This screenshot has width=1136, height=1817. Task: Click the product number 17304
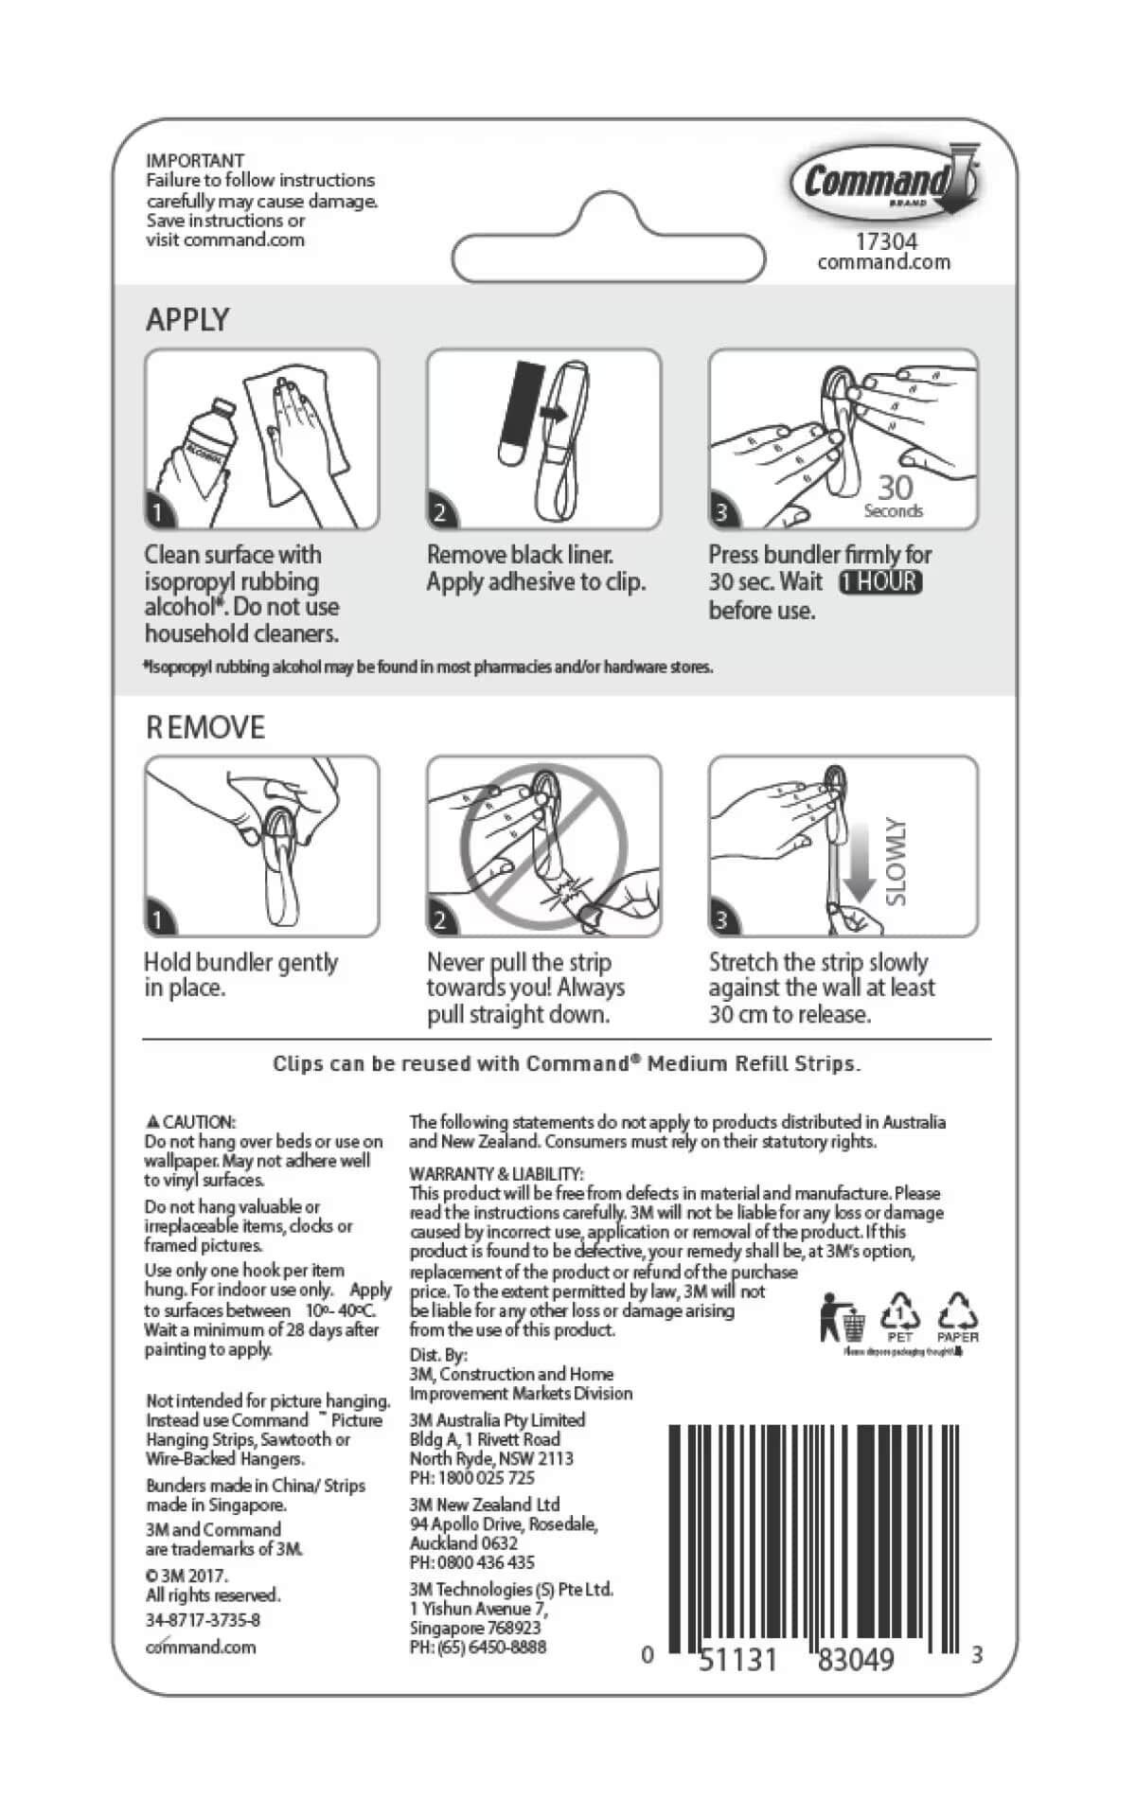pos(885,242)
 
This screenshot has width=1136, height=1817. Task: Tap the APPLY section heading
pos(187,320)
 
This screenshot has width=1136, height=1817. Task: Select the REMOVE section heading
pos(205,727)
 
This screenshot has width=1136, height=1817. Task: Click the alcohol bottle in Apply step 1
pos(203,445)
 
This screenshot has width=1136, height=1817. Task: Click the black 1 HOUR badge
pos(880,581)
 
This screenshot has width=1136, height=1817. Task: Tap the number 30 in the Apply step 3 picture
pos(895,487)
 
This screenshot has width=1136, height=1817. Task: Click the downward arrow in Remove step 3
pos(859,862)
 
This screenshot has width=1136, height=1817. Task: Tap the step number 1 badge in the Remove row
pos(158,920)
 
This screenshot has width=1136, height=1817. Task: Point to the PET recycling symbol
pos(899,1315)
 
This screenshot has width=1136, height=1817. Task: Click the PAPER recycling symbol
pos(957,1315)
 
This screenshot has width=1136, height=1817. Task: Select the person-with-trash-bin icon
pos(843,1316)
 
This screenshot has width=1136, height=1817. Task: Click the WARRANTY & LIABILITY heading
pos(496,1174)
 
